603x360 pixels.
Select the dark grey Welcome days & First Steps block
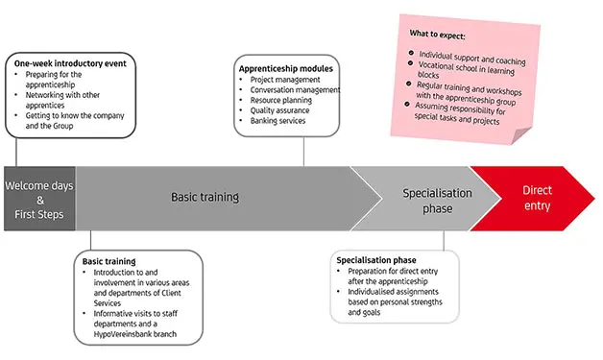pyautogui.click(x=39, y=199)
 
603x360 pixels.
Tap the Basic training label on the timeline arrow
pyautogui.click(x=205, y=198)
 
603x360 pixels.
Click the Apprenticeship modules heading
pyautogui.click(x=285, y=70)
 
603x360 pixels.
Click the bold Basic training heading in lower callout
pyautogui.click(x=109, y=261)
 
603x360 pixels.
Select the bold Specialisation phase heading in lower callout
pyautogui.click(x=375, y=260)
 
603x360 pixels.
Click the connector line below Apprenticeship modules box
pyautogui.click(x=303, y=149)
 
